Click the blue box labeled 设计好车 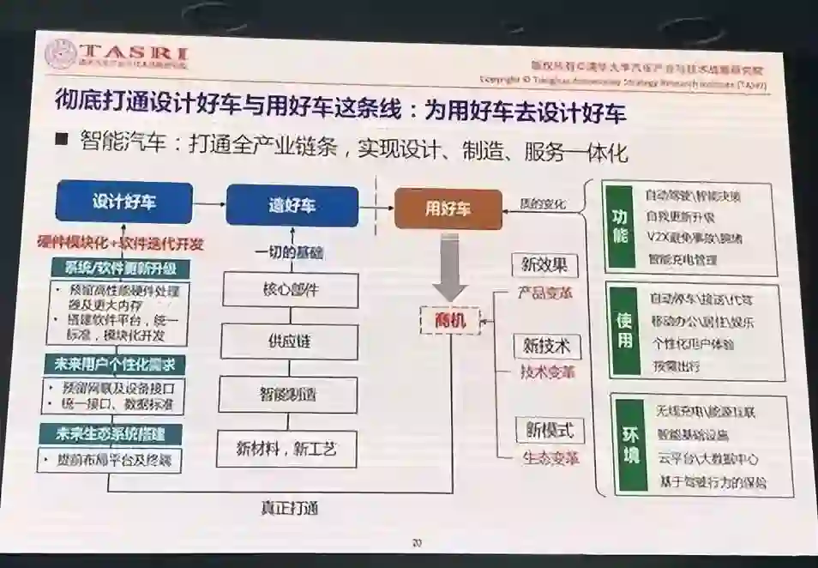coord(124,202)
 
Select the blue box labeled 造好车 coord(292,206)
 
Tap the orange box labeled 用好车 coord(448,208)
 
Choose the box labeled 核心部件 coord(291,289)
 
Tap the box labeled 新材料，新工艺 coord(285,447)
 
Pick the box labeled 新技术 coord(546,346)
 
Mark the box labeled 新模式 coord(549,429)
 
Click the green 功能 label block coord(621,227)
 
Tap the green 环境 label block coord(630,443)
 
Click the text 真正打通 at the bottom coord(290,508)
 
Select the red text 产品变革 coord(545,293)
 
